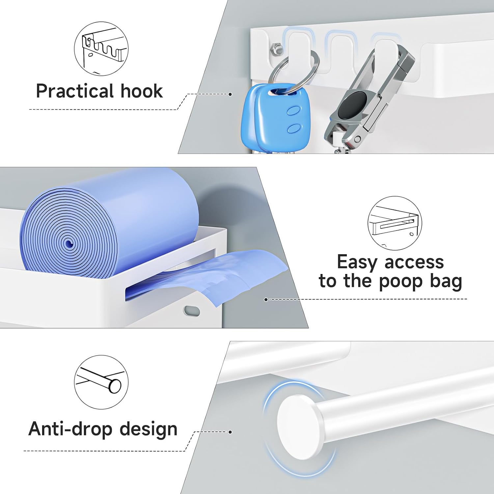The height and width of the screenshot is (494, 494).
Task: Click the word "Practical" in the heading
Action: coord(75,91)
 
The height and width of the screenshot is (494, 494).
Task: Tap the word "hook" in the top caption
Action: coord(142,91)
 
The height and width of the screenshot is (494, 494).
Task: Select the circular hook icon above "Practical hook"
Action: coord(101,49)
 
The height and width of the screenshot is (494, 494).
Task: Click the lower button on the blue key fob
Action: coord(294,128)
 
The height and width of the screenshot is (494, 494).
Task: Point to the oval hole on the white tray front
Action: coord(192,311)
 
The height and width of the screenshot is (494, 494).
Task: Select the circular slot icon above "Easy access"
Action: coord(395,223)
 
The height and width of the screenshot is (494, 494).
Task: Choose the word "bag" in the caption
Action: coord(446,281)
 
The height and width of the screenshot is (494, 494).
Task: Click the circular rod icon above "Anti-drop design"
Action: coord(101,382)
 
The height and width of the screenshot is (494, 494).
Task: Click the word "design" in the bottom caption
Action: coord(148,429)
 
